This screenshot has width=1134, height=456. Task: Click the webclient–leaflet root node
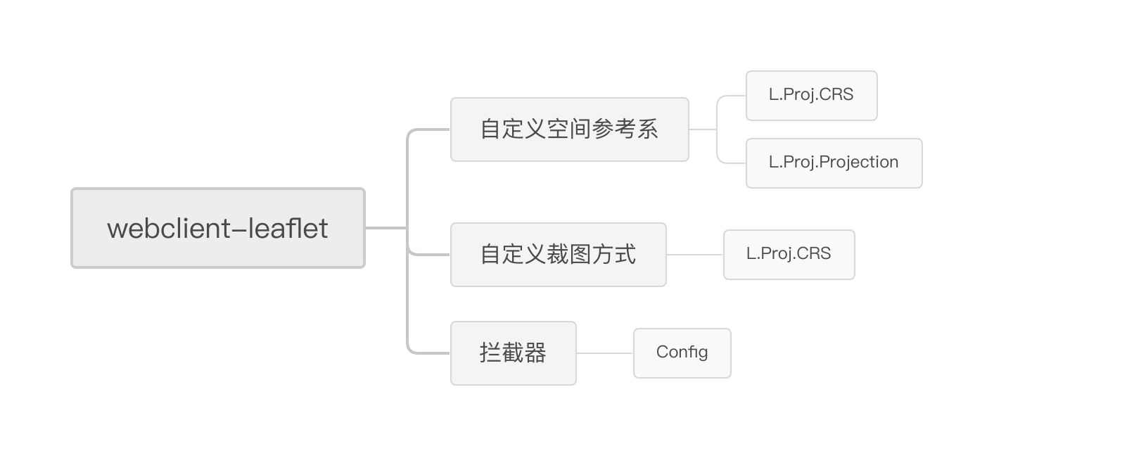pos(217,228)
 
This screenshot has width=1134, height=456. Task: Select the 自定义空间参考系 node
pos(570,129)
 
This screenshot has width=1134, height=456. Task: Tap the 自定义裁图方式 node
pos(559,255)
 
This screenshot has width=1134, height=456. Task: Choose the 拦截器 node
pos(514,353)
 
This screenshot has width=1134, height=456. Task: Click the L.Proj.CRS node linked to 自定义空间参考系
pos(812,96)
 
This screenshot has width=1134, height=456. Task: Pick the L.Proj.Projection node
pos(834,163)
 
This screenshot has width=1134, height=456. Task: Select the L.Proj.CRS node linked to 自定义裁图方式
pos(789,255)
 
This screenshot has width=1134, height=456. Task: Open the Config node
pos(682,353)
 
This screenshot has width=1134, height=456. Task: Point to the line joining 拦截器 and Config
pos(605,353)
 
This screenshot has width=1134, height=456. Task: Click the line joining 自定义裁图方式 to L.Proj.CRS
pos(695,255)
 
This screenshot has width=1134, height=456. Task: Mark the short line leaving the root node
pos(386,228)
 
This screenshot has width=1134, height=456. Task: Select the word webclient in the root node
pos(169,228)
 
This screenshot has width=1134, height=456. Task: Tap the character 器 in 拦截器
pos(535,353)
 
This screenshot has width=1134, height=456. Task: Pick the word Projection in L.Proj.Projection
pos(859,162)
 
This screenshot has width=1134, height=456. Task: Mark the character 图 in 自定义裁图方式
pos(580,254)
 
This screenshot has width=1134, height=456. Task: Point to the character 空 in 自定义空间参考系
pos(558,129)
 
